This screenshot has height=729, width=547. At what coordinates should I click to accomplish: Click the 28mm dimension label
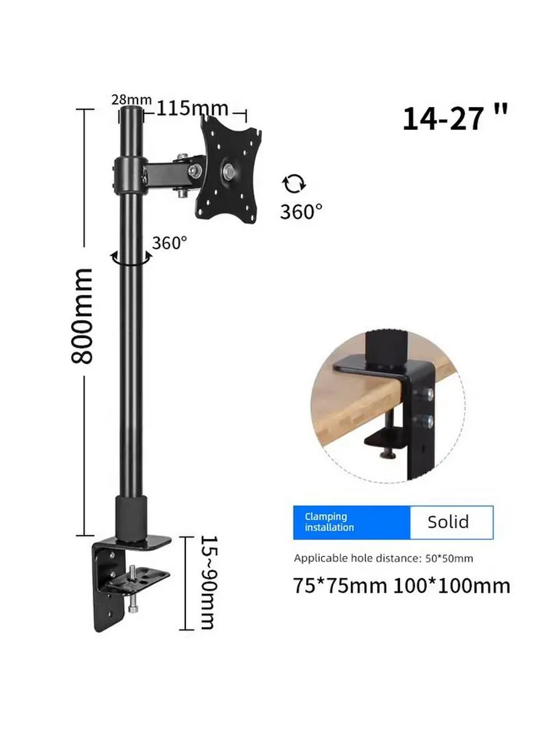pos(131,100)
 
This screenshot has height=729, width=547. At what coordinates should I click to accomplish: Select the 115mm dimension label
pos(192,108)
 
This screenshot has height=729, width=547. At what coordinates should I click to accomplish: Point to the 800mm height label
pos(81,317)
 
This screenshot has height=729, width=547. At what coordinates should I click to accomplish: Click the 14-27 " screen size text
pos(455,118)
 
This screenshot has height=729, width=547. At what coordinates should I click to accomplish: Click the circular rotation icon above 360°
pos(294,183)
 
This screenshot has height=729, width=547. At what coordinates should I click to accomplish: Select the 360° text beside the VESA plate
pos(301,211)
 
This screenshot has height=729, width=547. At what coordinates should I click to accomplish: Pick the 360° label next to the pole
pos(170,243)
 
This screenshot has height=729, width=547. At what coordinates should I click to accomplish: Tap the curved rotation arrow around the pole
pos(131,259)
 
